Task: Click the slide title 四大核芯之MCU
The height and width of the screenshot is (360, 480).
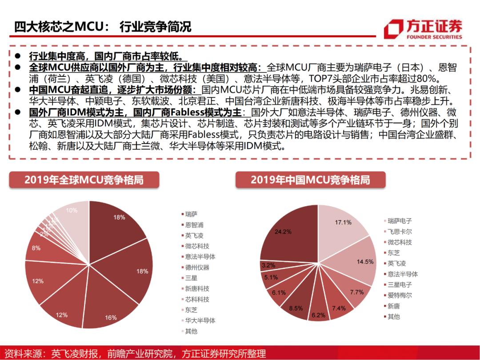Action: point(102,26)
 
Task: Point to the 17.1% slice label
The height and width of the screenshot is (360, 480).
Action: point(343,222)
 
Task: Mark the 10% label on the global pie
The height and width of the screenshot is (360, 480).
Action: point(72,210)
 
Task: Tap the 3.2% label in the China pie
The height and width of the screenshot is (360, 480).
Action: point(269,265)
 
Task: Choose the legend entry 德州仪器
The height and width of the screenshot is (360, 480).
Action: point(197,268)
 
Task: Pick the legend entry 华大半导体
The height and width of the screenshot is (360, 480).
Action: point(200,320)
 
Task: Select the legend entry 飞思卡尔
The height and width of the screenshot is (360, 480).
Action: point(400,232)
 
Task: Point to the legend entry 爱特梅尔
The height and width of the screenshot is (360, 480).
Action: point(400,295)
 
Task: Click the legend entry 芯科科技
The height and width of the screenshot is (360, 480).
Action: point(197,300)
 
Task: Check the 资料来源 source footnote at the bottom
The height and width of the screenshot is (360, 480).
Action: point(133,353)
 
